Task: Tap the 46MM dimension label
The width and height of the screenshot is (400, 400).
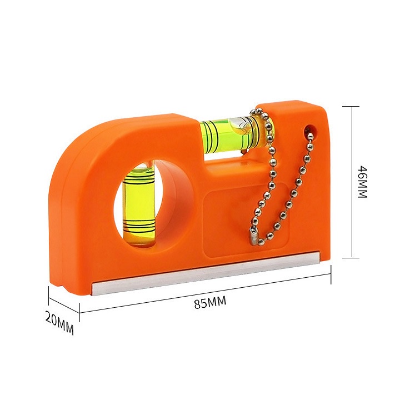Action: pyautogui.click(x=362, y=182)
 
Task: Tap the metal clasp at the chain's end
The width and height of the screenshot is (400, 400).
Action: pyautogui.click(x=253, y=237)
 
